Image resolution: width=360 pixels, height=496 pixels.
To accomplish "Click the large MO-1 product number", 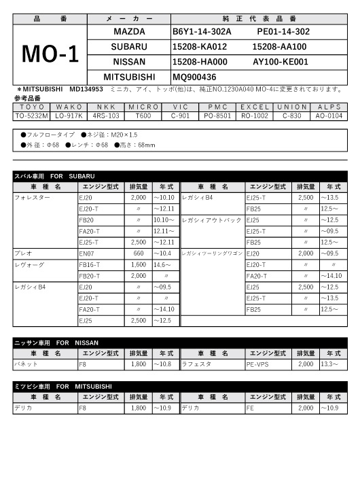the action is tap(50, 55).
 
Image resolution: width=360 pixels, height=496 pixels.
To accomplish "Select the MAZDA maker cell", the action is tap(128, 32).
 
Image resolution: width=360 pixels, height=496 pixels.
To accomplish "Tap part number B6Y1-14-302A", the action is tap(202, 32).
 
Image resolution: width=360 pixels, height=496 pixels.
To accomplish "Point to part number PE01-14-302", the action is tap(283, 32).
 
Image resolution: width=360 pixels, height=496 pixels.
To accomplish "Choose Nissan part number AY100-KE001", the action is tap(280, 62).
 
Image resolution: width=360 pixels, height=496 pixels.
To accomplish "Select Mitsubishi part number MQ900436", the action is tap(194, 77).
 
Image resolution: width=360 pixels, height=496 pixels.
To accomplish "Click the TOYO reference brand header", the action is tap(32, 107).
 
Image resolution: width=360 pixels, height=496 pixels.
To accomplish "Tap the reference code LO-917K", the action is tap(69, 116).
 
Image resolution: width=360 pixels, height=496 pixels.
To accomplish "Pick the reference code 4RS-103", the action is tap(106, 116).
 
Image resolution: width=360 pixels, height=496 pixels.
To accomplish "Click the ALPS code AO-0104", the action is tap(329, 116).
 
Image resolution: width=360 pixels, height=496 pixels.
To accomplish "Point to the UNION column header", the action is tap(291, 107).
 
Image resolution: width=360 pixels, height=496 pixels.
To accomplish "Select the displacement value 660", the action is tap(138, 252).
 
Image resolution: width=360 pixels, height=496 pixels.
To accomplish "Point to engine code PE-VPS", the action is tap(257, 364).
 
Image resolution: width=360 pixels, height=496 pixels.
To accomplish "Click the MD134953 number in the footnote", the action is tap(86, 89).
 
